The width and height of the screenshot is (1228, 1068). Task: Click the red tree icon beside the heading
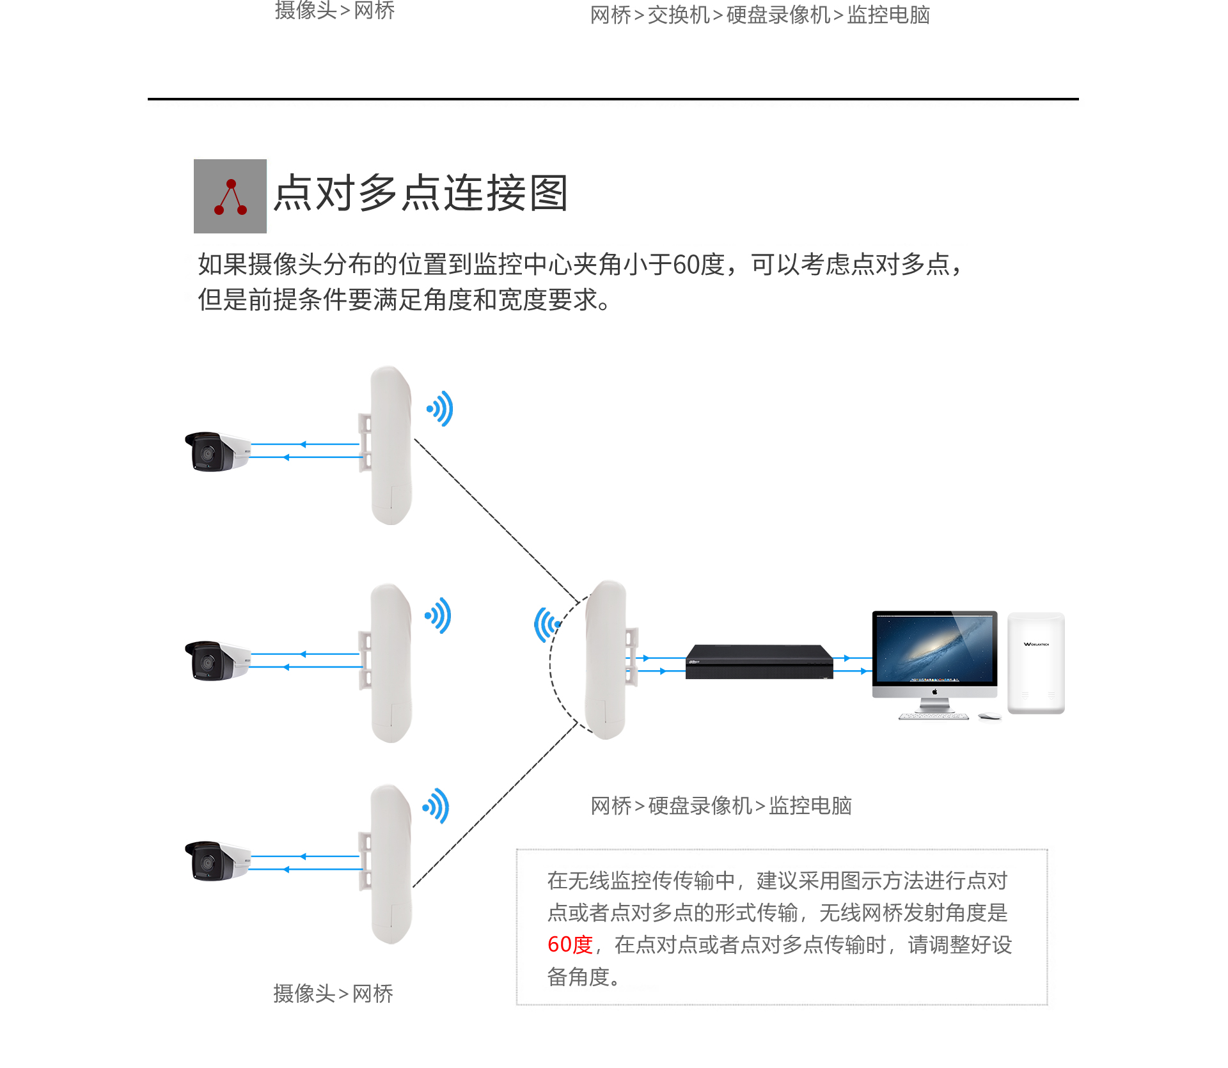[x=230, y=196]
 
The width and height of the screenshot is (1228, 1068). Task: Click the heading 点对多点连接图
[x=421, y=193]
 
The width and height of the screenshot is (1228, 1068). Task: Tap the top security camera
[x=217, y=452]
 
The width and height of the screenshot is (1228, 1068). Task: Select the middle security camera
[x=217, y=661]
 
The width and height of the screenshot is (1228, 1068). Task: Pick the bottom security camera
[x=217, y=861]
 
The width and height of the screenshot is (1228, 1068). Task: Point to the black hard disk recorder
[x=759, y=662]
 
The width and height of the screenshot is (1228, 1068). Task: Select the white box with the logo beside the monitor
[x=1036, y=663]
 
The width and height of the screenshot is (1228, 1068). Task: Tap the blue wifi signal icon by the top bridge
[x=441, y=409]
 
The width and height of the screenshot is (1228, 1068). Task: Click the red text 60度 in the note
[x=571, y=945]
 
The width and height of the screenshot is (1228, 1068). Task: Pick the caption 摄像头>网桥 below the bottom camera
[x=333, y=993]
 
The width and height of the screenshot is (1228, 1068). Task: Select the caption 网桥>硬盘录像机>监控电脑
[x=721, y=806]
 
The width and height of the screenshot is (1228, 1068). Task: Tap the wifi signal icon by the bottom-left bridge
[x=436, y=806]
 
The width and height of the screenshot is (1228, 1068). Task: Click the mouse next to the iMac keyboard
[x=989, y=716]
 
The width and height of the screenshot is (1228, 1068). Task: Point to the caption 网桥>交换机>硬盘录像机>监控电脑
[x=760, y=15]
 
